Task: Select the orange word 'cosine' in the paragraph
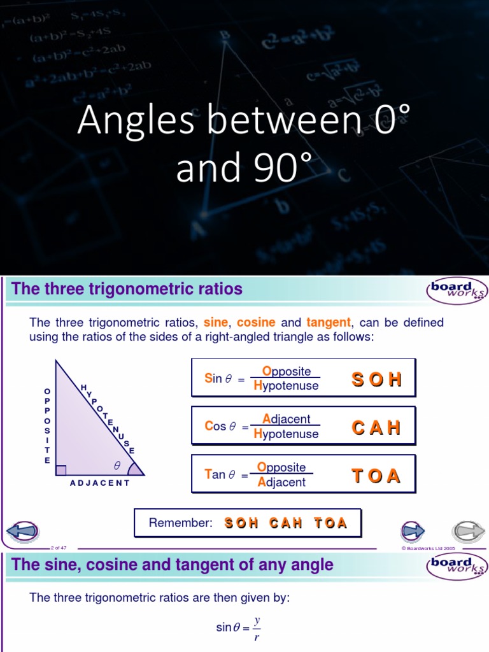[x=256, y=323]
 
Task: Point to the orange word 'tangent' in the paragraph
[x=329, y=323]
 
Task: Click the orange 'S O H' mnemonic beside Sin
[x=377, y=379]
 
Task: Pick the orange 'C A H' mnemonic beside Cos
[x=377, y=427]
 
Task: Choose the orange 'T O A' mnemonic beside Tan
[x=377, y=476]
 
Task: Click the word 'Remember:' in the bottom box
[x=180, y=523]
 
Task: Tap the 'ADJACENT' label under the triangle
[x=100, y=483]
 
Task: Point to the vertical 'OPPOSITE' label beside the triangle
[x=46, y=425]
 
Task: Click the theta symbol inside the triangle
[x=117, y=465]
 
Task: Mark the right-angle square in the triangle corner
[x=61, y=470]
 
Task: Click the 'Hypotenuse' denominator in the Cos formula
[x=286, y=434]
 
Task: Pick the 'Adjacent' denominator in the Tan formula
[x=282, y=483]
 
